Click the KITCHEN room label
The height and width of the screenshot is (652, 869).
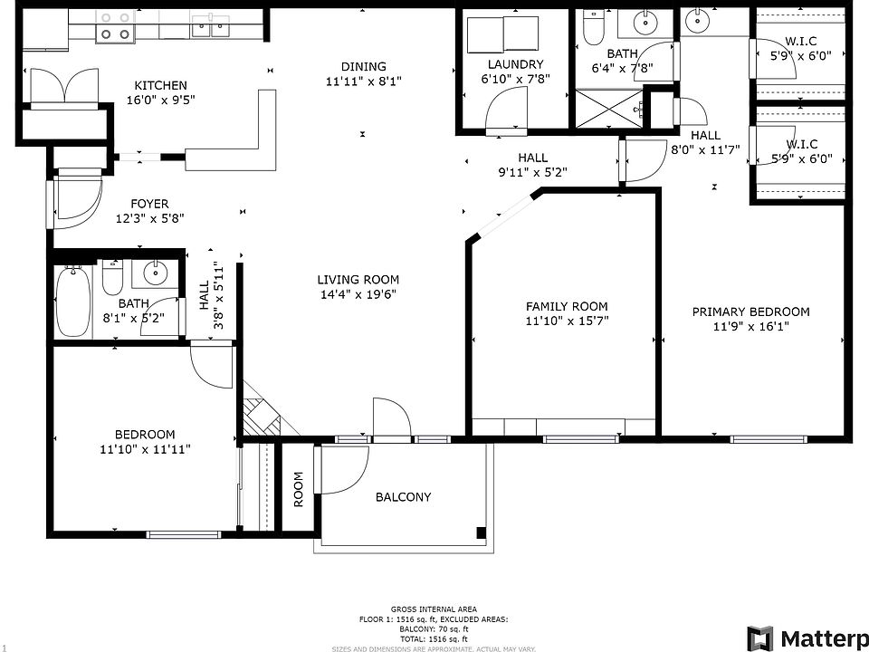click(x=160, y=85)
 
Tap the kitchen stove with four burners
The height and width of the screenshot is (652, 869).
click(x=114, y=25)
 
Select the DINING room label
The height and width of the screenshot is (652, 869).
click(x=363, y=66)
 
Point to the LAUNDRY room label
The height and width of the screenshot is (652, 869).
click(x=515, y=64)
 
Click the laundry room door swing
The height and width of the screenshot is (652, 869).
click(x=505, y=114)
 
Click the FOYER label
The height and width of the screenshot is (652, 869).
click(x=148, y=204)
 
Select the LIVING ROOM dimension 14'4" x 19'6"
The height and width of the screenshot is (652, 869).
click(x=358, y=294)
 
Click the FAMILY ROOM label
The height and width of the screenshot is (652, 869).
click(x=567, y=306)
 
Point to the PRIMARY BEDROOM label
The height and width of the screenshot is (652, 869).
click(x=750, y=312)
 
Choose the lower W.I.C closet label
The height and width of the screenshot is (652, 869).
click(x=801, y=144)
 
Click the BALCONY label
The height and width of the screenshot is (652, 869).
click(x=403, y=497)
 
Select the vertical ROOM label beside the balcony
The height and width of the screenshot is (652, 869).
click(x=298, y=489)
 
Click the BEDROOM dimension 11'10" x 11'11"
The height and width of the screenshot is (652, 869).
click(x=145, y=449)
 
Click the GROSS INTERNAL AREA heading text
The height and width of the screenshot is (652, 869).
click(x=434, y=609)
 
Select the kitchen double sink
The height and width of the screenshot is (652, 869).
click(x=210, y=27)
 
